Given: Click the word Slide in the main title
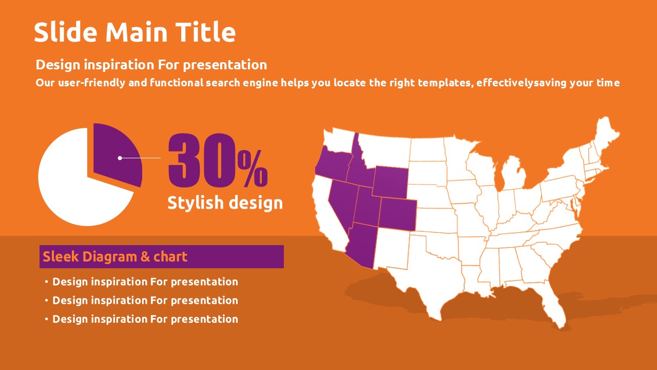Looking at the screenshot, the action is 65,32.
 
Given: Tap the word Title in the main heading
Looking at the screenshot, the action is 206,32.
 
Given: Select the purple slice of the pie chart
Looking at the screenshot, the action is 117,153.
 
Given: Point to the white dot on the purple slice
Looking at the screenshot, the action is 120,158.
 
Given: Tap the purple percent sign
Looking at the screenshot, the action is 253,169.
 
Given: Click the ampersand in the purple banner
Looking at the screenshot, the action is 145,256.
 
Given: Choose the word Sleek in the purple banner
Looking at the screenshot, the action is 61,256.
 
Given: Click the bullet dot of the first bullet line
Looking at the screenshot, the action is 46,282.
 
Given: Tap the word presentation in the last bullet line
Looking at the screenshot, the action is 204,320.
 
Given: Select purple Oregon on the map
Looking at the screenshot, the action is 333,164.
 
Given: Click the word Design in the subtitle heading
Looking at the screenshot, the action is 58,65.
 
